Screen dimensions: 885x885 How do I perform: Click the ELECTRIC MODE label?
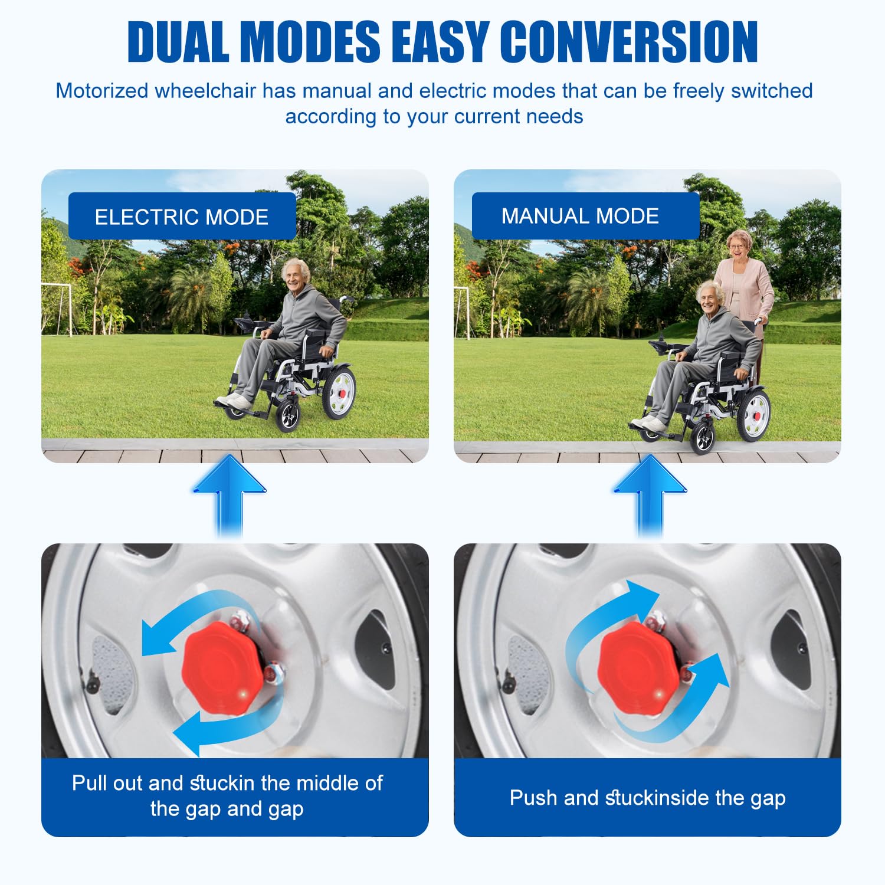(182, 217)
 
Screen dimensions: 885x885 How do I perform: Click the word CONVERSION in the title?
(629, 41)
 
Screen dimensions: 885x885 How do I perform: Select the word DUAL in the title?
(178, 41)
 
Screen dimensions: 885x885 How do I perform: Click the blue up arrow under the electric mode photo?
(230, 494)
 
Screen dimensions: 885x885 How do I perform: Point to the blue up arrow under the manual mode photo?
(650, 494)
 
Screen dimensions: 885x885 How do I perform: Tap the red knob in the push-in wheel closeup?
(639, 667)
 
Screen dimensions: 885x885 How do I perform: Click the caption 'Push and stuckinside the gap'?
(647, 798)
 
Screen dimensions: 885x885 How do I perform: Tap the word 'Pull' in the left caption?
(90, 782)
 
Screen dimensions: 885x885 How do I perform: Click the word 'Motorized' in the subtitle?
(102, 91)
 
